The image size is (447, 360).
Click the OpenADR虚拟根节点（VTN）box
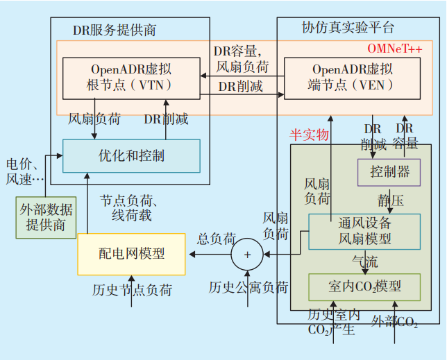[x=131, y=78]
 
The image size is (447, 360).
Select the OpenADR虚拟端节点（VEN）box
[x=351, y=78]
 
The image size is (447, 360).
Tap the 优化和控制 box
[x=131, y=155]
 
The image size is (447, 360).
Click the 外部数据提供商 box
[x=47, y=218]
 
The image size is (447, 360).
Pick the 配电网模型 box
[x=132, y=254]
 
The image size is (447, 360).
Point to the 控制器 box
[x=389, y=171]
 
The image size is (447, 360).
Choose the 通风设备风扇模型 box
[x=364, y=231]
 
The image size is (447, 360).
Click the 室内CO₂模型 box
[x=364, y=286]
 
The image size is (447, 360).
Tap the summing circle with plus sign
[x=247, y=255]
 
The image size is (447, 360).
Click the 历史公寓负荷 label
[x=248, y=287]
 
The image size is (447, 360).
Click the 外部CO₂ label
[x=394, y=322]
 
